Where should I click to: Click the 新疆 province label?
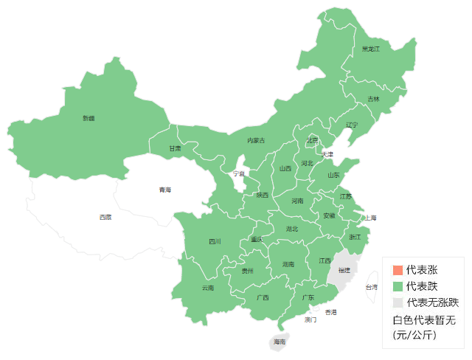[88, 118]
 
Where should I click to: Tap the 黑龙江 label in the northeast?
[370, 49]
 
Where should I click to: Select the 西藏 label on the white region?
[105, 217]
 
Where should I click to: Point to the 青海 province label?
[164, 190]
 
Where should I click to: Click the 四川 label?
[215, 241]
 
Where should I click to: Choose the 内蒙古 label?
[256, 140]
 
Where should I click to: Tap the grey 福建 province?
[344, 269]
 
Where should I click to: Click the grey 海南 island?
[280, 342]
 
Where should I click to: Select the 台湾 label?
[371, 287]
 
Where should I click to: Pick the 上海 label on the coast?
[369, 218]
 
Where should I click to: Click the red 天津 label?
[327, 154]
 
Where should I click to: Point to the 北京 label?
[313, 140]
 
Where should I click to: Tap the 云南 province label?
[208, 288]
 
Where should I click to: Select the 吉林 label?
[373, 99]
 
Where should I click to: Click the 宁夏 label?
[239, 174]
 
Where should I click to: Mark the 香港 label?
[331, 312]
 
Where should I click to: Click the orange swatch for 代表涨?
[398, 270]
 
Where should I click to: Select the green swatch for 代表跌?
[398, 286]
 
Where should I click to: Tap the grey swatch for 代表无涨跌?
[398, 302]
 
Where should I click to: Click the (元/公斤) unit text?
[414, 335]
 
